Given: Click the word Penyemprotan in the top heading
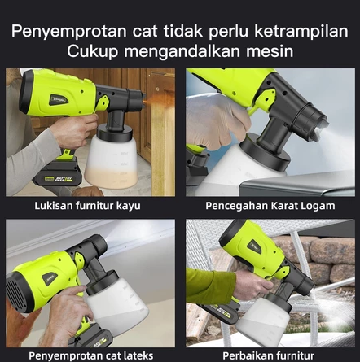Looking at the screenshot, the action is pyautogui.click(x=69, y=32).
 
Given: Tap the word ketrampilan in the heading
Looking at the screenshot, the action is pyautogui.click(x=301, y=31).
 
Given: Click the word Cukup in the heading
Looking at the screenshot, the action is pyautogui.click(x=93, y=51).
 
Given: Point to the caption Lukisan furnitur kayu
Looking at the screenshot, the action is pyautogui.click(x=87, y=206).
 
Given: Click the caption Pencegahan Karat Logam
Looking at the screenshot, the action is pyautogui.click(x=270, y=206).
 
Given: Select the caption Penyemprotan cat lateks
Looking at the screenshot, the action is pyautogui.click(x=91, y=355).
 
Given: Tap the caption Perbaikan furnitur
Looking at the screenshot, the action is pyautogui.click(x=268, y=355).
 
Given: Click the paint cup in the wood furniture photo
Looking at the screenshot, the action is pyautogui.click(x=111, y=162).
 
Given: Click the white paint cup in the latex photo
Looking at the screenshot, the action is pyautogui.click(x=117, y=306).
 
